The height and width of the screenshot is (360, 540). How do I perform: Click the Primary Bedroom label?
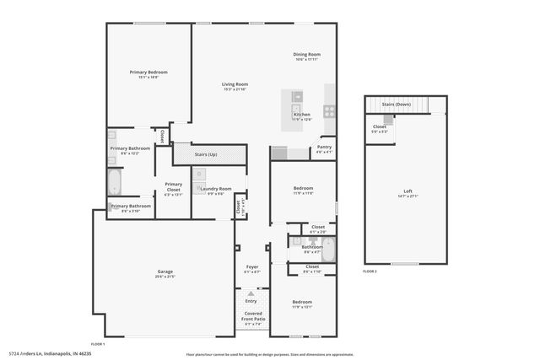[x=148, y=73]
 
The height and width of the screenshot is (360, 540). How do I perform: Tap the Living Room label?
[x=235, y=84]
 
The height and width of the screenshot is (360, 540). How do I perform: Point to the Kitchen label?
[x=301, y=115]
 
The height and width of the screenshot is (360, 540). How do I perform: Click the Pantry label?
[x=324, y=147]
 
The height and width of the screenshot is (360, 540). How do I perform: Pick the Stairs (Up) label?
[x=207, y=154]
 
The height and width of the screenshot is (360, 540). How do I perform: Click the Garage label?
[x=165, y=272]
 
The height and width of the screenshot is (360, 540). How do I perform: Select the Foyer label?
[x=251, y=267]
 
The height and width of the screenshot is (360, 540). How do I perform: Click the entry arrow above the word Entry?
[x=251, y=293]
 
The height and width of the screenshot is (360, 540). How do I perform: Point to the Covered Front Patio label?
[x=251, y=315]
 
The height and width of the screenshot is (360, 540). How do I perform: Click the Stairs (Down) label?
[x=396, y=105]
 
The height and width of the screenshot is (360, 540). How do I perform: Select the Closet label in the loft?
[x=380, y=127]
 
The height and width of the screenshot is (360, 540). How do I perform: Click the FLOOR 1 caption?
[x=98, y=344]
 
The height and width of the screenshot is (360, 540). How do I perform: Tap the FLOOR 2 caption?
[x=370, y=271]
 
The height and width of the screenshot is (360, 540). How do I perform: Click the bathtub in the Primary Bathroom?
[x=114, y=182]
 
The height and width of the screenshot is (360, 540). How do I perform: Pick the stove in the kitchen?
[x=329, y=110]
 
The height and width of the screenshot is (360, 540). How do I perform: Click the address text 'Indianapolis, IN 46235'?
[x=68, y=354]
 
